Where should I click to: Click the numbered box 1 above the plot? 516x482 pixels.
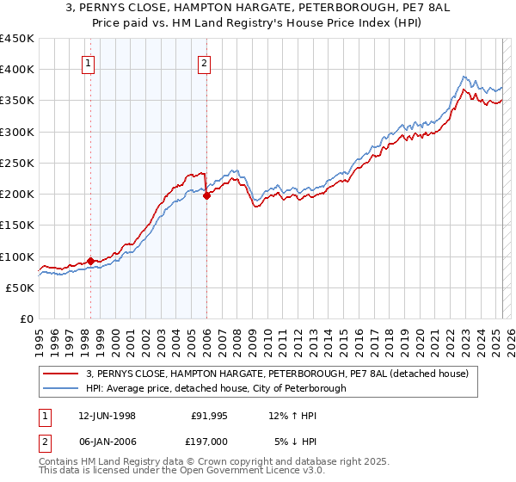[x=89, y=62]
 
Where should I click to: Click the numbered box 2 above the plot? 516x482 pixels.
[x=205, y=62]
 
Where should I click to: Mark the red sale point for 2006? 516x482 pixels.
[x=206, y=196]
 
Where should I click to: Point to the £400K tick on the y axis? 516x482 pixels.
[x=17, y=70]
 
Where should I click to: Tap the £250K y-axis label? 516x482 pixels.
[x=17, y=163]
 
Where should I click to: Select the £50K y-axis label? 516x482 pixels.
[x=21, y=287]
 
